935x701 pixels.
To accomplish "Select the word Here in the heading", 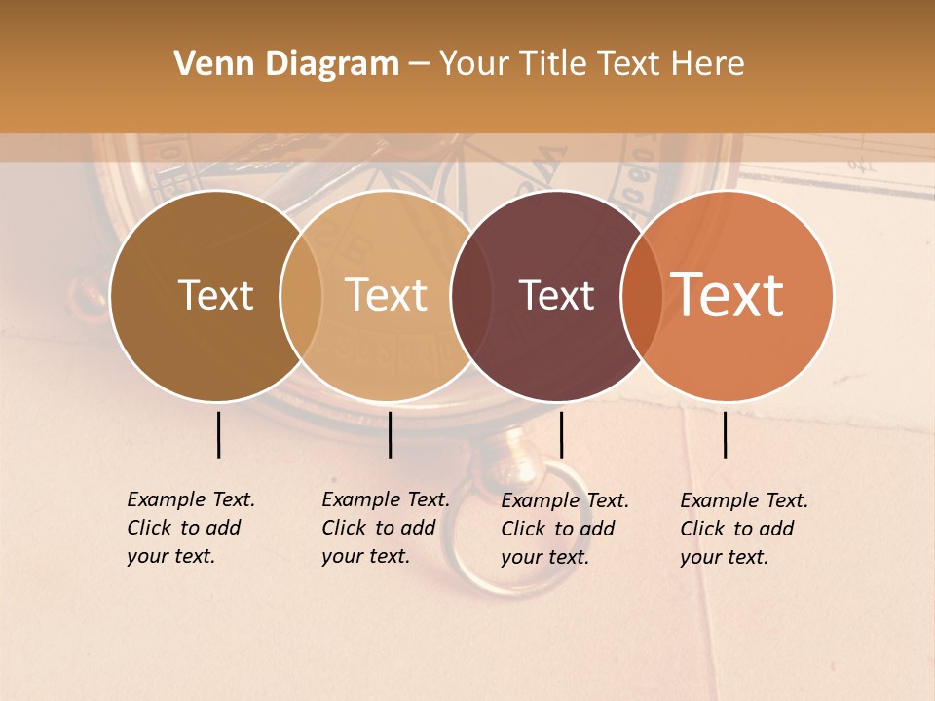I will (x=708, y=64).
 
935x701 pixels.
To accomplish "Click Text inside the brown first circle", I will (x=215, y=295).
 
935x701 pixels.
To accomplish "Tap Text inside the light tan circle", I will (x=386, y=295).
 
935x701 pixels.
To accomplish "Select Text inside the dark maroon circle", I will (x=556, y=296).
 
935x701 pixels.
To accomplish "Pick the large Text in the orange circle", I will (x=728, y=295).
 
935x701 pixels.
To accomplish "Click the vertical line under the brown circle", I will (x=218, y=434).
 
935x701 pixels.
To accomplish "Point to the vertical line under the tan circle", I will (x=390, y=434).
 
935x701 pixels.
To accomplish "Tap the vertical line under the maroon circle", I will (x=561, y=434).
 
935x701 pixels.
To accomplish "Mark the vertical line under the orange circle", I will (x=726, y=434).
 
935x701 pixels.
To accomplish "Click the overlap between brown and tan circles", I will (x=301, y=296).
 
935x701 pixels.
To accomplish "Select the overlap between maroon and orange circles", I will (x=639, y=296).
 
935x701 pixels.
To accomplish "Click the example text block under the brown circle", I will (x=191, y=528).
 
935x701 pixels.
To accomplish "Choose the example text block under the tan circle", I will (x=386, y=528).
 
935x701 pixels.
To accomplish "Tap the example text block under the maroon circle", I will (x=565, y=529).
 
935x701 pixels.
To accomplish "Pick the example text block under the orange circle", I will (x=744, y=529).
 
